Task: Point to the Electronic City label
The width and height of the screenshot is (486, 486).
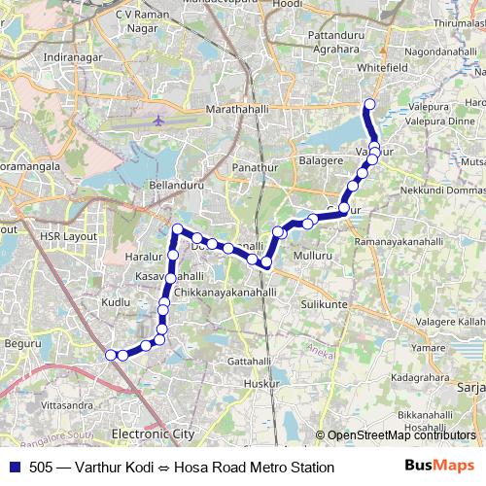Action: click(x=153, y=434)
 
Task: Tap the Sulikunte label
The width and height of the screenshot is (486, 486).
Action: click(x=325, y=304)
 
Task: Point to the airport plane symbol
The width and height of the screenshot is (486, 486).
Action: click(x=158, y=121)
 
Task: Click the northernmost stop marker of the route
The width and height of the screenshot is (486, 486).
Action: click(x=368, y=105)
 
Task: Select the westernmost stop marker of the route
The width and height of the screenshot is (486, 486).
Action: click(x=111, y=355)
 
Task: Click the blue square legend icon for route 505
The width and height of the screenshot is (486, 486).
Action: click(x=13, y=467)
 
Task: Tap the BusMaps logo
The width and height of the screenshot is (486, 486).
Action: click(x=439, y=467)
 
